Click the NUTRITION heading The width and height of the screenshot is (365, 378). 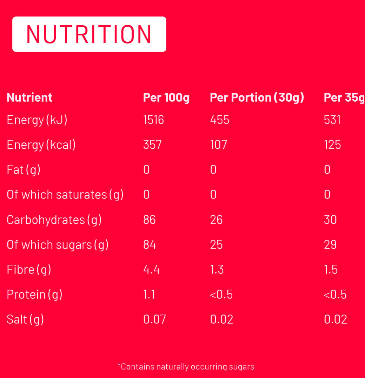(89, 34)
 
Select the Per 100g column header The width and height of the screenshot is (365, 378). (166, 97)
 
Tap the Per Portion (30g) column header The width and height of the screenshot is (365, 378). (257, 97)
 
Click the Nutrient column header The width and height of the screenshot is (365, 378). (29, 97)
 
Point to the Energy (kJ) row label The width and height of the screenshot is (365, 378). (37, 120)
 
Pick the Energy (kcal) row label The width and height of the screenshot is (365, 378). (41, 145)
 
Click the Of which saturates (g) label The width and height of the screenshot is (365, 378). (65, 195)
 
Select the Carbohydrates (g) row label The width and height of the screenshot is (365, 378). (54, 220)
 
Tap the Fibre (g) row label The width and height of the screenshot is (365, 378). (29, 269)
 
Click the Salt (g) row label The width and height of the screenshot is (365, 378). (25, 319)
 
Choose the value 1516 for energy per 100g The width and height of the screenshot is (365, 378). (153, 120)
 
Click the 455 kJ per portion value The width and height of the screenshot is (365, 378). (219, 120)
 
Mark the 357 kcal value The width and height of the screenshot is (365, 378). (152, 145)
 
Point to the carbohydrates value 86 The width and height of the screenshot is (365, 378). (150, 220)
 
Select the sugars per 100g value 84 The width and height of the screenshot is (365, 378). (150, 244)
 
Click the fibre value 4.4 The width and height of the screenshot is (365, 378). (151, 269)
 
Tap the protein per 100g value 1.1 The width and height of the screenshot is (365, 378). (149, 294)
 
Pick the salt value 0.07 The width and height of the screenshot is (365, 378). (154, 319)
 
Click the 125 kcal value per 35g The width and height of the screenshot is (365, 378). (332, 145)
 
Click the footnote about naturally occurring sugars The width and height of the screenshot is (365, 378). (186, 367)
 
